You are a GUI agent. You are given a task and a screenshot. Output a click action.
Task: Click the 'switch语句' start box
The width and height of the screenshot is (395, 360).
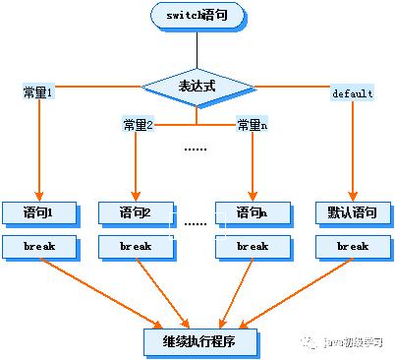tap(198, 17)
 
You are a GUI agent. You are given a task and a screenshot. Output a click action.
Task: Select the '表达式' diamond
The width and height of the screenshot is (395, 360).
tap(197, 86)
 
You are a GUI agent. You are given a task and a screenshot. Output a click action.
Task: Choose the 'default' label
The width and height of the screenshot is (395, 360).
tap(352, 92)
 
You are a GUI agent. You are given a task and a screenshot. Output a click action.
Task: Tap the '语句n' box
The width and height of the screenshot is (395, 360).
tap(253, 211)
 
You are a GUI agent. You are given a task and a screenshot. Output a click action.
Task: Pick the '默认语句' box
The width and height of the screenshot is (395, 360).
tap(352, 211)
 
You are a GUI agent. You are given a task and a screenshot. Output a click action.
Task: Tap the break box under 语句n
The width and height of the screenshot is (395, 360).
tap(253, 246)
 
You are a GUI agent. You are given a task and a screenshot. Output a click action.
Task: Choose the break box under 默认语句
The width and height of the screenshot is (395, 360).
tap(352, 246)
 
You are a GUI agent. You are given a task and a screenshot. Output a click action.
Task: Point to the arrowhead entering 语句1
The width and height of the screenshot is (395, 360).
tap(40, 195)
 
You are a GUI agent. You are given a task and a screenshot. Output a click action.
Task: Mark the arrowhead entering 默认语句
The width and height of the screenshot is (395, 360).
tap(352, 195)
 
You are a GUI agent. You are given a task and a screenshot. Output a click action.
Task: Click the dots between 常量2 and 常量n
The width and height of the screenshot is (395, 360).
tap(197, 149)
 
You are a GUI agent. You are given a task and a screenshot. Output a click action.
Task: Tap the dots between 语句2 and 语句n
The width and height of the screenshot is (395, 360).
tap(196, 223)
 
